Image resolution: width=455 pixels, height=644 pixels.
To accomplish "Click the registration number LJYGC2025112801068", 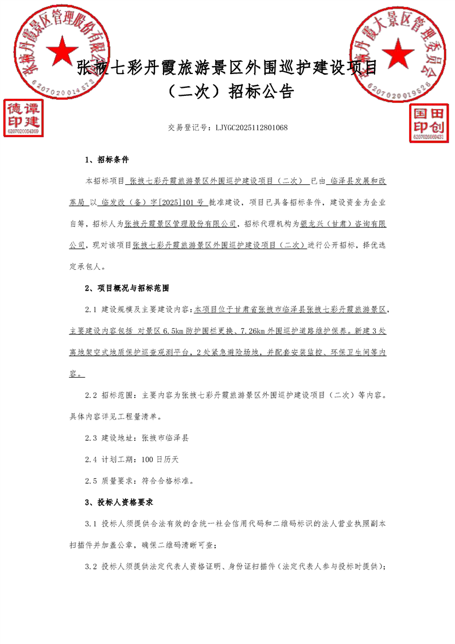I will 251,127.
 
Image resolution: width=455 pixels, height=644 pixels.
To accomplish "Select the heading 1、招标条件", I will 107,160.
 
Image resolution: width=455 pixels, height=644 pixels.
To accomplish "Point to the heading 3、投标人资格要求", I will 119,502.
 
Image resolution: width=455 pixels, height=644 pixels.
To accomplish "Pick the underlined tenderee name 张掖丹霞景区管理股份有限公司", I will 180,224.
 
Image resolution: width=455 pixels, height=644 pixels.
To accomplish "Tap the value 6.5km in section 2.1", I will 174,331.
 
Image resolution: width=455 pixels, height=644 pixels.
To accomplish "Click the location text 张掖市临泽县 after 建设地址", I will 165,438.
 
